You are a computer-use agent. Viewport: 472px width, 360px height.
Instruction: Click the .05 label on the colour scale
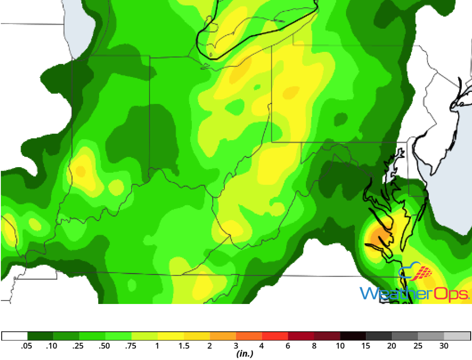(27, 346)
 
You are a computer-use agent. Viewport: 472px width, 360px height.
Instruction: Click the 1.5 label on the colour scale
(184, 346)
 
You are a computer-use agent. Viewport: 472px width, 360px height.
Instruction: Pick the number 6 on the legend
(288, 346)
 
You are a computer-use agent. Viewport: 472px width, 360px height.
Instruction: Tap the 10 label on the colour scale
(340, 346)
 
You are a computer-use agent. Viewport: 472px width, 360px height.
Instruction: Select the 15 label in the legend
(366, 346)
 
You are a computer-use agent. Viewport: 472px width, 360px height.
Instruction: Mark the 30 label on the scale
(444, 346)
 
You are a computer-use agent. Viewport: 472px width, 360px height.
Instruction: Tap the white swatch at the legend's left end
(15, 336)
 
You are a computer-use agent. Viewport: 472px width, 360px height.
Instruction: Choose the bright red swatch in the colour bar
(275, 336)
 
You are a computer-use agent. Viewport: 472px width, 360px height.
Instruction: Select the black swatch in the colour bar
(353, 336)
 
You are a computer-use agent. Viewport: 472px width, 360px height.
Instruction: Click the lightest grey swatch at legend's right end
(457, 336)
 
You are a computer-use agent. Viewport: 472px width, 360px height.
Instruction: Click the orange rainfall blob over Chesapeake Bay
(380, 235)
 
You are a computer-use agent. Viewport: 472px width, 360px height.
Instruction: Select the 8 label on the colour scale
(314, 346)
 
